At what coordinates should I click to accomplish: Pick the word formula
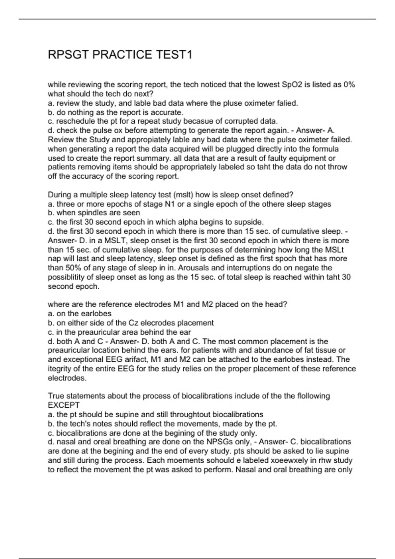(325, 149)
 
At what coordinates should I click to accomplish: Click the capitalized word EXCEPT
(64, 405)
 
